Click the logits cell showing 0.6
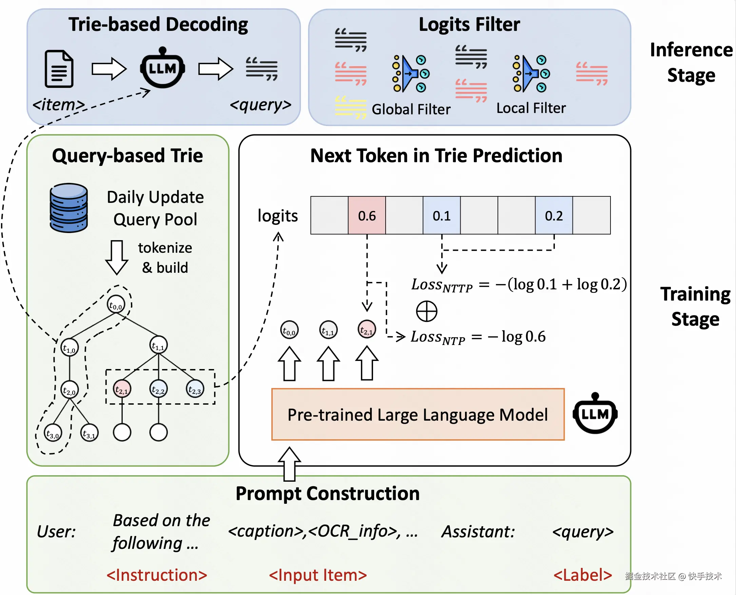(367, 216)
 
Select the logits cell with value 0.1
(441, 216)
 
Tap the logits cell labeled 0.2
(554, 216)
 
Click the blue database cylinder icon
(69, 208)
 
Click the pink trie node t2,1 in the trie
(122, 389)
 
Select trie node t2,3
(195, 389)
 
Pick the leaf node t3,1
(89, 433)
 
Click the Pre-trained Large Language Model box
(417, 415)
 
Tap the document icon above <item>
(59, 69)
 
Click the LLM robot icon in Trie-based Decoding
(162, 68)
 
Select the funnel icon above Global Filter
(410, 73)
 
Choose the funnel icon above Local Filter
(531, 73)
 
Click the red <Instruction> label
(157, 575)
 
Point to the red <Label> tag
(582, 575)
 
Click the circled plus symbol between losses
(426, 311)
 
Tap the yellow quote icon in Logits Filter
(350, 107)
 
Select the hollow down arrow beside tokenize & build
(116, 257)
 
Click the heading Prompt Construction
(327, 494)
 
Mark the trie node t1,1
(158, 345)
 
